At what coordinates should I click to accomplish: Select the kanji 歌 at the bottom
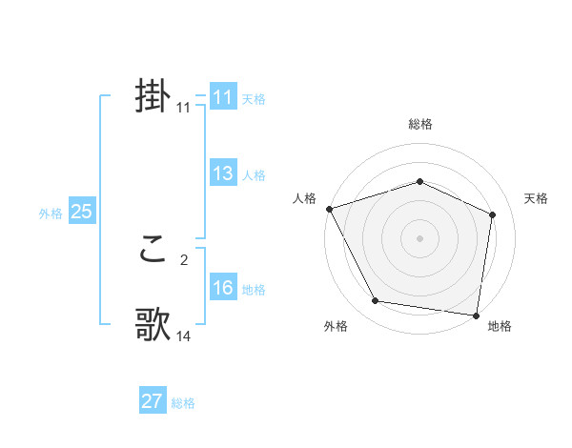click(153, 325)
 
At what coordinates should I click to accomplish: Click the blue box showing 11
click(222, 97)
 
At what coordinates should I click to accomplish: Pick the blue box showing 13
click(222, 173)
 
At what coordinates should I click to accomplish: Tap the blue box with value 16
click(222, 288)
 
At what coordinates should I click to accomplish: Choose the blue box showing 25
click(81, 212)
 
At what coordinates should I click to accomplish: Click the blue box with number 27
click(152, 401)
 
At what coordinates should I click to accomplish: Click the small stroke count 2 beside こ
click(184, 258)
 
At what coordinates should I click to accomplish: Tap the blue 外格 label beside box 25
click(51, 214)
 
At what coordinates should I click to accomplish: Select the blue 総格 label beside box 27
click(183, 403)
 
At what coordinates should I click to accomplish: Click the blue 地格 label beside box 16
click(254, 290)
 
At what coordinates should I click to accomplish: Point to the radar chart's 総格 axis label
click(419, 124)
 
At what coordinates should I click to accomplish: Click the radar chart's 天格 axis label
click(536, 198)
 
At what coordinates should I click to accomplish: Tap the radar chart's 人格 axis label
click(304, 198)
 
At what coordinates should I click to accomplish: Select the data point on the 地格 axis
click(476, 314)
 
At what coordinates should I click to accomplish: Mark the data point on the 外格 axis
click(376, 301)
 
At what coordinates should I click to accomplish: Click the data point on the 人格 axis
click(329, 209)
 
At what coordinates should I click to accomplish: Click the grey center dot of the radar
click(419, 237)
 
